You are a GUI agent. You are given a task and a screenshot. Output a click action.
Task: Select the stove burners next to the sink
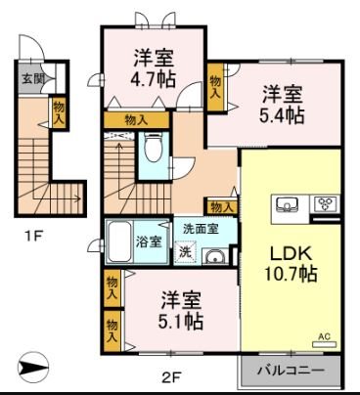[324, 205]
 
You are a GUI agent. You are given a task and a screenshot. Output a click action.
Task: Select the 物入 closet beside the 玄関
[58, 110]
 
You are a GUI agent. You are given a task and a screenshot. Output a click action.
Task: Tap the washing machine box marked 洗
[185, 251]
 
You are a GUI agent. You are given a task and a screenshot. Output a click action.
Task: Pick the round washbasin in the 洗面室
[213, 256]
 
